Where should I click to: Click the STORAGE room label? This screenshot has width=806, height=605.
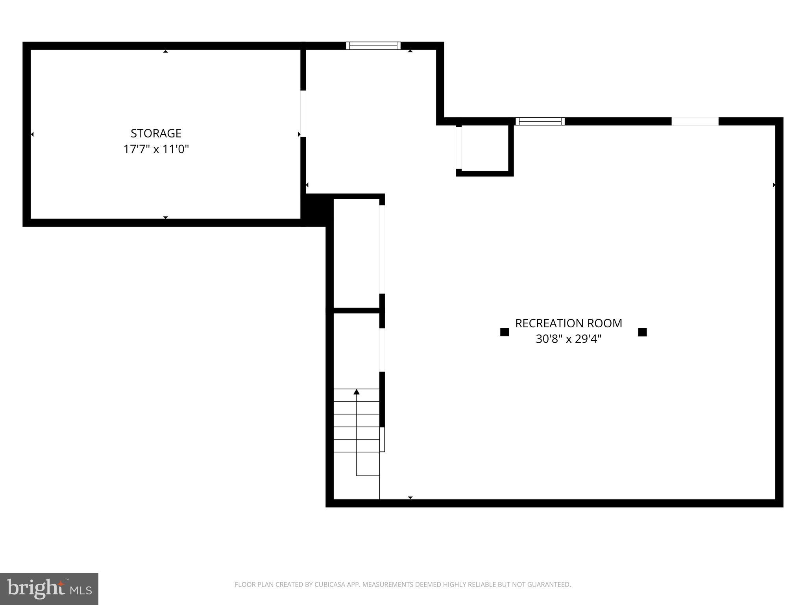pyautogui.click(x=156, y=133)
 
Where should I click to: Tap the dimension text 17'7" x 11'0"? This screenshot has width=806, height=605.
pyautogui.click(x=156, y=149)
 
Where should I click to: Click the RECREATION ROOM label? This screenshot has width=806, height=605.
pyautogui.click(x=568, y=323)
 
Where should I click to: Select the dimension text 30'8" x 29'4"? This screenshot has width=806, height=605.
pyautogui.click(x=568, y=339)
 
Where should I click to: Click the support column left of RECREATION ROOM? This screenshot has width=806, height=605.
pyautogui.click(x=504, y=332)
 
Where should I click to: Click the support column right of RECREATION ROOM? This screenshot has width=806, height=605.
pyautogui.click(x=642, y=332)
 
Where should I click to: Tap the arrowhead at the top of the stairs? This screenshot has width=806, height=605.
pyautogui.click(x=357, y=392)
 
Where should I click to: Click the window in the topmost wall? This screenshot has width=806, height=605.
pyautogui.click(x=373, y=46)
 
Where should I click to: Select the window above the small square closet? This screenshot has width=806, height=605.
pyautogui.click(x=540, y=121)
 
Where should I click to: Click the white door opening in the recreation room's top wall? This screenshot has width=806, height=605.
pyautogui.click(x=695, y=121)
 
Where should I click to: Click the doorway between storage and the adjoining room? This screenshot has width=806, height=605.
pyautogui.click(x=303, y=113)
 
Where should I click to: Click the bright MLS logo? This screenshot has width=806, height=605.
pyautogui.click(x=49, y=588)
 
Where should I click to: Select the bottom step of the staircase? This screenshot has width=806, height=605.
pyautogui.click(x=357, y=446)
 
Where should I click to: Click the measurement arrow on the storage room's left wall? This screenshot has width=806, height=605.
pyautogui.click(x=32, y=134)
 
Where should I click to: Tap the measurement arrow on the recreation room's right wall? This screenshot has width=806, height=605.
pyautogui.click(x=774, y=185)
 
